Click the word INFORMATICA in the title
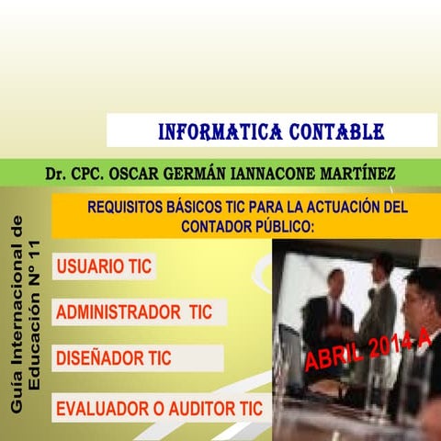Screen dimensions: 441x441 click(207, 130)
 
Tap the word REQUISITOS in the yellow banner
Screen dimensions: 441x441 click(127, 208)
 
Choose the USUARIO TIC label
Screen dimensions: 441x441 click(104, 267)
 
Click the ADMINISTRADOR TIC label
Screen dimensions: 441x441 click(134, 312)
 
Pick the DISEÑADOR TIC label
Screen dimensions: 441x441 click(113, 358)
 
